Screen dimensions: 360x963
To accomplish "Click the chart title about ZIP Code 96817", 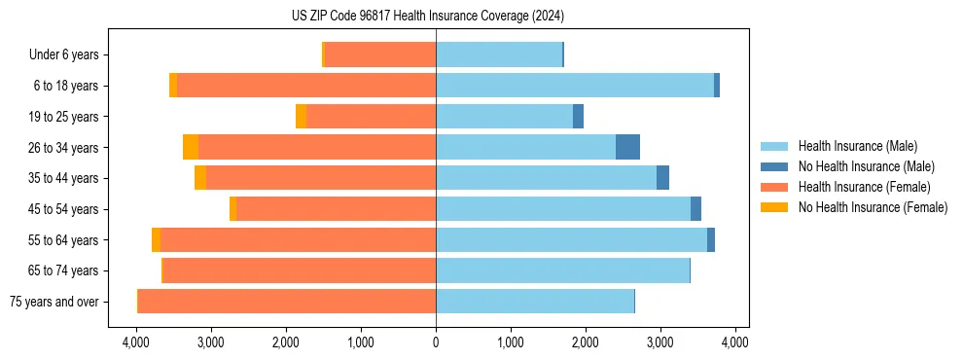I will click(x=427, y=17).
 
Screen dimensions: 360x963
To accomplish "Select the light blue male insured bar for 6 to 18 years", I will click(x=574, y=86).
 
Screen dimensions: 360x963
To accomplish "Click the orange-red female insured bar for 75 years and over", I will click(x=287, y=302).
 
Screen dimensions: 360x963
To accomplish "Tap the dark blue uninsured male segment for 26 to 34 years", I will click(x=627, y=147).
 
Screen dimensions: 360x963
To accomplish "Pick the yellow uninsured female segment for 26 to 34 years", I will click(x=191, y=147).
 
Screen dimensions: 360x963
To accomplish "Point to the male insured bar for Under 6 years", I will click(x=499, y=54).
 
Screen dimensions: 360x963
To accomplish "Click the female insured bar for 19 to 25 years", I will click(x=371, y=117).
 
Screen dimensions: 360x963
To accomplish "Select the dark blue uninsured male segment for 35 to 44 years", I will click(x=662, y=178).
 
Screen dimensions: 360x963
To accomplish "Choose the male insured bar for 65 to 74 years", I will click(x=562, y=270).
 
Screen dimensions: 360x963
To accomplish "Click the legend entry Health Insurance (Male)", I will click(x=857, y=146).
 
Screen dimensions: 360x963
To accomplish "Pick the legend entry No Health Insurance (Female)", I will click(x=872, y=207).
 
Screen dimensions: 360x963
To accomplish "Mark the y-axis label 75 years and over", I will click(x=53, y=302).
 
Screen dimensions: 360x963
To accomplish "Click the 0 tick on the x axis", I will click(x=436, y=342).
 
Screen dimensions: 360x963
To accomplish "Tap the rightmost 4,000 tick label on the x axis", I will click(x=734, y=342).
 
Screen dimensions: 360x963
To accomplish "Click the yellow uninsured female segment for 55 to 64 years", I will click(x=156, y=239).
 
